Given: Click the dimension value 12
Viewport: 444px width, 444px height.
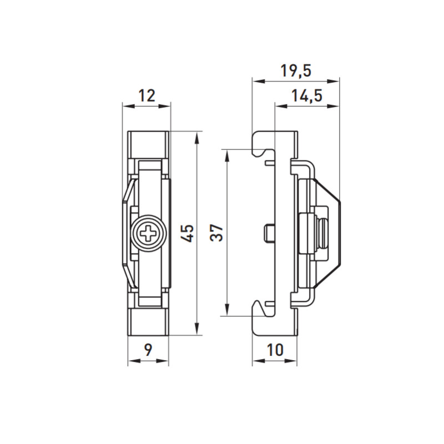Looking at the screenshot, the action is point(147,95).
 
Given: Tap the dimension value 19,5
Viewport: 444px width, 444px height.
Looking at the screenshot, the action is point(296,71).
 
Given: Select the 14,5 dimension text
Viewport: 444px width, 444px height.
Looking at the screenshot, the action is point(307,95).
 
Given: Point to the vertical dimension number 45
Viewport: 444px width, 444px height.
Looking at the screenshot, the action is point(188,233).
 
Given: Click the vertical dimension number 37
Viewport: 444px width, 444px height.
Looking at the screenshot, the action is point(216,233).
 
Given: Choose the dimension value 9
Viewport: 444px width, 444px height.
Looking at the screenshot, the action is point(148,350).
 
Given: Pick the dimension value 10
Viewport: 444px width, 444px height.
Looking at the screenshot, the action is point(275,350).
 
